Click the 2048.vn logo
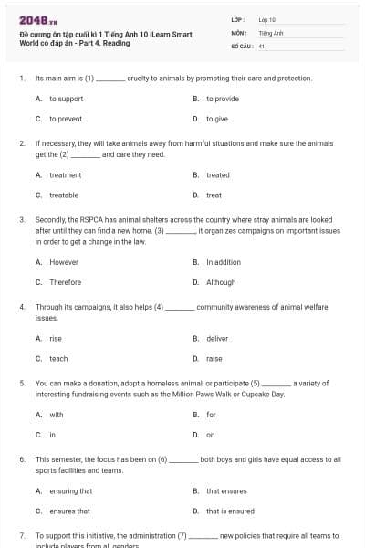coord(34,18)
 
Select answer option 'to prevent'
coord(65,119)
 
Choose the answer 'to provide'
coord(222,99)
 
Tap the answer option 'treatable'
coord(64,195)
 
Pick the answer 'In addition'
coord(224,262)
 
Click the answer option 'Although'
coord(221,282)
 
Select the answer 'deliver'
coord(217,338)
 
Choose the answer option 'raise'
coord(214,359)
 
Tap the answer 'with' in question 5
coord(57,415)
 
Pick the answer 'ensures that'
coord(69,511)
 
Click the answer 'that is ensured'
coord(230,511)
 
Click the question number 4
coord(22,308)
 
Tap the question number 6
coord(22,459)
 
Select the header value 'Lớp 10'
coord(267,18)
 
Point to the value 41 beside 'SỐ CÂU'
coord(262,45)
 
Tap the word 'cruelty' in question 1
coord(140,79)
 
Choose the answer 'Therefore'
coord(66,282)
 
